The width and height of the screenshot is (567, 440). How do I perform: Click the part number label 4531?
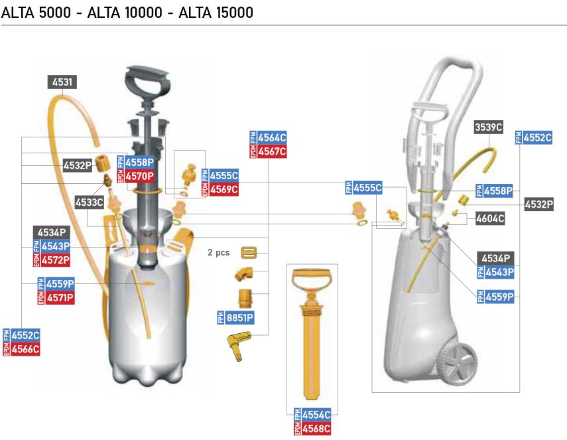tap(62, 82)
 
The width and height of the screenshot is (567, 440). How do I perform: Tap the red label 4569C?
tap(223, 190)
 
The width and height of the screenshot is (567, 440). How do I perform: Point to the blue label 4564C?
tap(271, 137)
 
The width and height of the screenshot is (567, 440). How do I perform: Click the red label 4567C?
tap(271, 151)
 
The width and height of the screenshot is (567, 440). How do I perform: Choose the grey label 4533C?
tap(89, 202)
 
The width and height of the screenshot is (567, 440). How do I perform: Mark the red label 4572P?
tap(56, 260)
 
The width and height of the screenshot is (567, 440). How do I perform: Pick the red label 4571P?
tap(60, 298)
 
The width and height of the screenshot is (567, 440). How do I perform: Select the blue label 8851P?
tap(239, 318)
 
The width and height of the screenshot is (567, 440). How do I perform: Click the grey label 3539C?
tap(489, 127)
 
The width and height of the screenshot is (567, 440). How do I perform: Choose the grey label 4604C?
tap(490, 218)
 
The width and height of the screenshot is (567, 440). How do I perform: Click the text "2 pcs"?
tap(218, 253)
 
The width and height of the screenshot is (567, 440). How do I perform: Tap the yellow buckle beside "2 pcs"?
tap(250, 253)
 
